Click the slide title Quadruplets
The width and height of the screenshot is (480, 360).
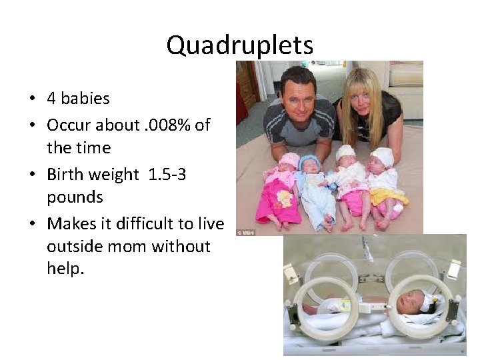click(239, 45)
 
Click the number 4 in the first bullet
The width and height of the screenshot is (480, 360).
click(51, 99)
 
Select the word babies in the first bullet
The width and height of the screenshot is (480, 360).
click(85, 99)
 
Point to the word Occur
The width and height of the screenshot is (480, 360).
click(70, 125)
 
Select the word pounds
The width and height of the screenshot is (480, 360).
click(75, 197)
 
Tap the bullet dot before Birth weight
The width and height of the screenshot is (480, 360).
click(33, 175)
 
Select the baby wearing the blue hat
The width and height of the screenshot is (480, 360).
click(310, 164)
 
